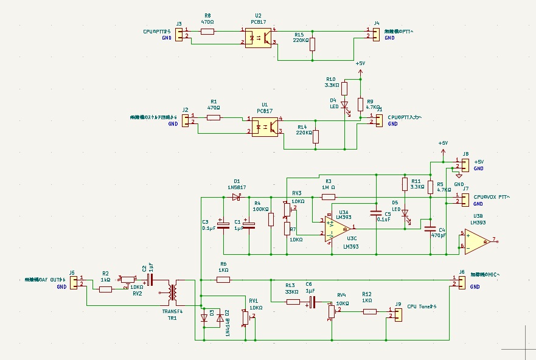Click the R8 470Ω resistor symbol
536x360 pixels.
pyautogui.click(x=207, y=30)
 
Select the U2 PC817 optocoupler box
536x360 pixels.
pyautogui.click(x=258, y=36)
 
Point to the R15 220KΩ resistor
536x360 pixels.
pyautogui.click(x=313, y=44)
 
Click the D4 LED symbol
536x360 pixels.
pyautogui.click(x=344, y=105)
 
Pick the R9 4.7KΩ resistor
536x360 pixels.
pyautogui.click(x=360, y=104)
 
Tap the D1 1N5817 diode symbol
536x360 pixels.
pyautogui.click(x=237, y=197)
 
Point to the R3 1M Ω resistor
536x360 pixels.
pyautogui.click(x=328, y=197)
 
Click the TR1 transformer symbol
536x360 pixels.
pyautogui.click(x=173, y=293)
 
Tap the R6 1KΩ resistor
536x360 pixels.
pyautogui.click(x=223, y=280)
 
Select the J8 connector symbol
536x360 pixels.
pyautogui.click(x=465, y=165)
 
